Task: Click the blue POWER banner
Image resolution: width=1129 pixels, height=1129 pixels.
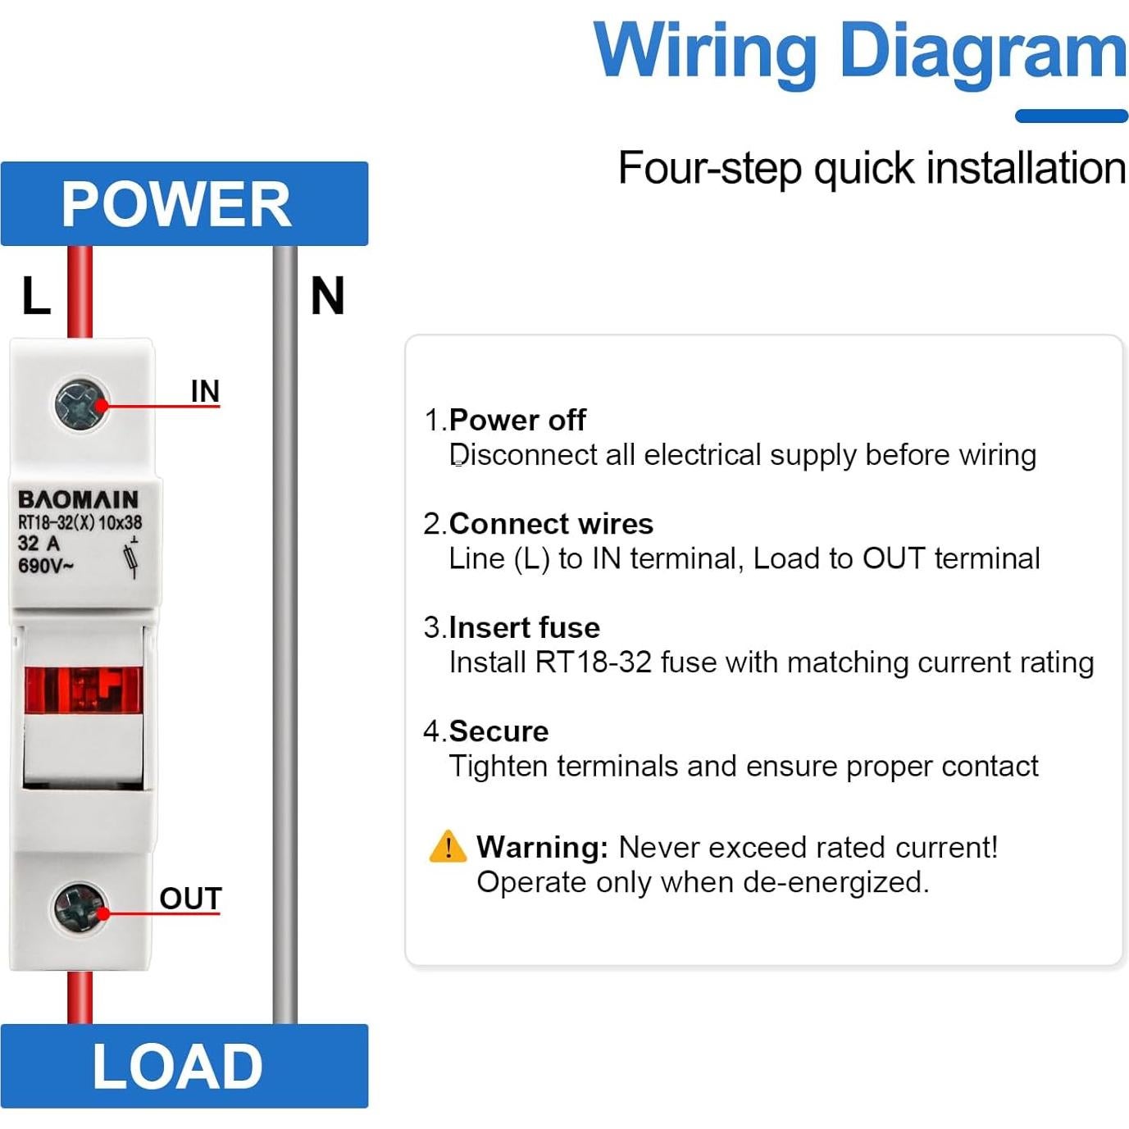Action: click(184, 203)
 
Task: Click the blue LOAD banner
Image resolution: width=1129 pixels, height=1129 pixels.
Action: click(184, 1066)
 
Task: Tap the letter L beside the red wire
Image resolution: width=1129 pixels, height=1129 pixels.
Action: click(35, 296)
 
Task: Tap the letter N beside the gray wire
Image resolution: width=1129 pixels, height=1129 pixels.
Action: click(327, 296)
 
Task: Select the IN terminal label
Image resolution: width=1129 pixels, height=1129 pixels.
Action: click(205, 391)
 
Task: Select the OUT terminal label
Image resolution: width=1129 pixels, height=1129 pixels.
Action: click(190, 899)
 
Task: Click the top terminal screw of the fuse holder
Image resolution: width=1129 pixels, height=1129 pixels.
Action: click(81, 403)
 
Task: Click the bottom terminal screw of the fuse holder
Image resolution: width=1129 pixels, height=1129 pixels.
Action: click(80, 908)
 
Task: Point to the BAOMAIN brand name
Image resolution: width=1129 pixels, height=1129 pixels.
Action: click(79, 499)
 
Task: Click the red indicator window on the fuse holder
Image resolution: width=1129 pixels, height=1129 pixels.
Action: click(83, 689)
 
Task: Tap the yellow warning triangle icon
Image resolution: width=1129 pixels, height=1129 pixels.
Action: click(448, 847)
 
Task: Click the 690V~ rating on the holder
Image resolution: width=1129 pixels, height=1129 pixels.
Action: click(46, 566)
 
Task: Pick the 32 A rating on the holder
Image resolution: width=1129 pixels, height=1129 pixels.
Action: click(39, 543)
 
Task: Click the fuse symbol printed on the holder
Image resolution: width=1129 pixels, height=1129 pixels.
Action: click(131, 558)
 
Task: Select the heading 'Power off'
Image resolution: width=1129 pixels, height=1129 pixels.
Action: click(517, 420)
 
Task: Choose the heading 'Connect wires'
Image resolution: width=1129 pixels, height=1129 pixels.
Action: click(551, 523)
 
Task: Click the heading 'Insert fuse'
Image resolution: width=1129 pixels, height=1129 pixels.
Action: click(524, 627)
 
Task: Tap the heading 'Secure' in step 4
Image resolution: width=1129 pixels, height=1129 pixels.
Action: click(498, 731)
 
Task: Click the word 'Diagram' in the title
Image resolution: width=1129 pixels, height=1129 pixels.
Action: click(983, 51)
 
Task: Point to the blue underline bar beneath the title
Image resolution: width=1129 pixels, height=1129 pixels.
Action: click(1071, 116)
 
